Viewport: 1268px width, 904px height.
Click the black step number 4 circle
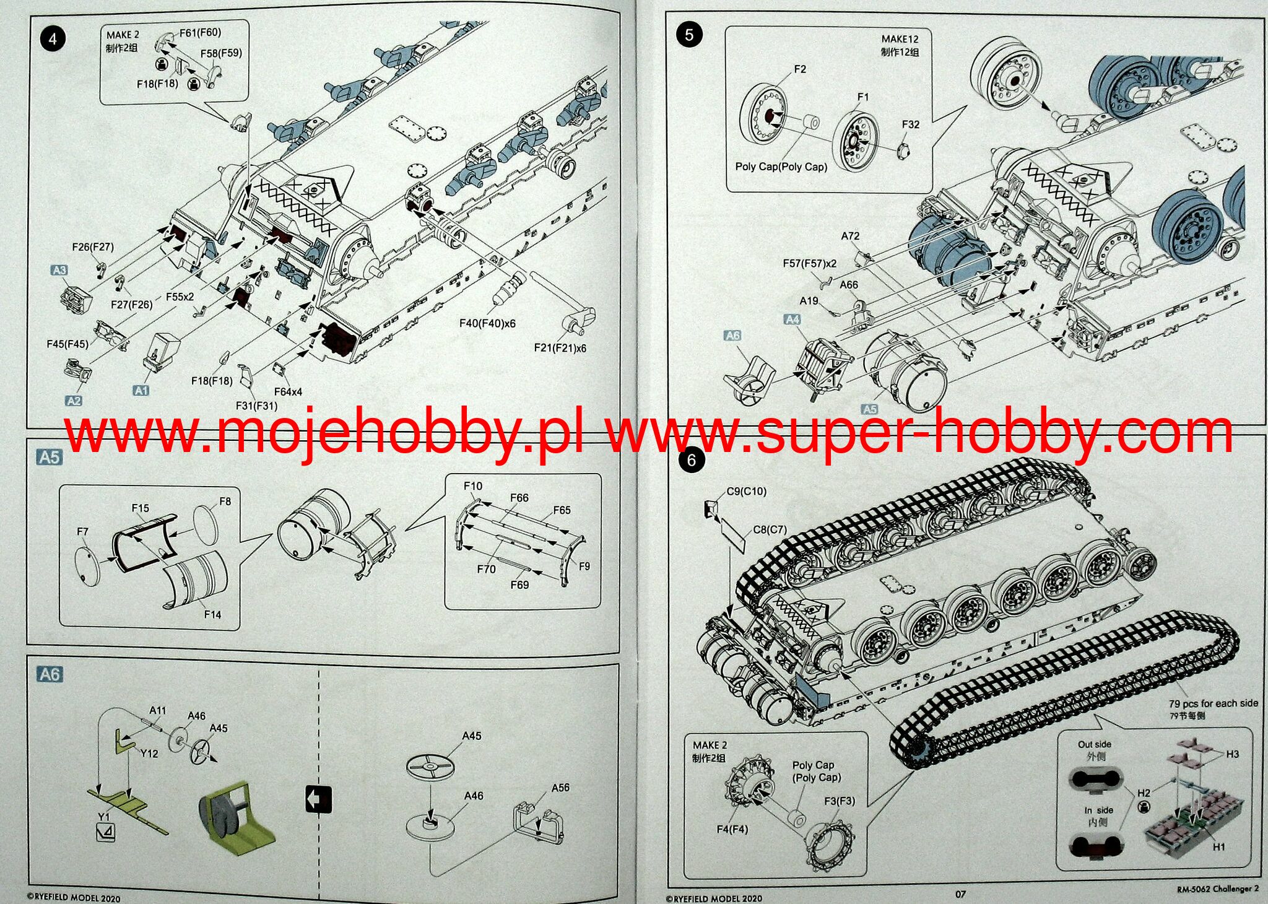(52, 39)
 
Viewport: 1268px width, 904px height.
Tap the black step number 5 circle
(689, 34)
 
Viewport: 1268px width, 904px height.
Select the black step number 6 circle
(692, 460)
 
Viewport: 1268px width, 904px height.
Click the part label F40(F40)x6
(487, 323)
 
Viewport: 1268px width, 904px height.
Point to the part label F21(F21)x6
(560, 348)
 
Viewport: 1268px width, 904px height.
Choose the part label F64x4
(288, 392)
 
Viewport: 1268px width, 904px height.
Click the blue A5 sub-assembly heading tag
(50, 457)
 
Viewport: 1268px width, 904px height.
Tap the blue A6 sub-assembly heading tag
(50, 674)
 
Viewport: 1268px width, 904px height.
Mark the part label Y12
(149, 754)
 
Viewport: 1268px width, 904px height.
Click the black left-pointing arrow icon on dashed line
(319, 800)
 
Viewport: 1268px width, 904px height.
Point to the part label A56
(560, 788)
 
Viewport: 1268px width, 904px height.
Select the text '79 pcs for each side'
(1214, 703)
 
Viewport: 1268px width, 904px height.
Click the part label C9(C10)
(746, 491)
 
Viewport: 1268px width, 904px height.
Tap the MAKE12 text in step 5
(900, 39)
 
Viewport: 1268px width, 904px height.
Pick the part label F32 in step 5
(910, 124)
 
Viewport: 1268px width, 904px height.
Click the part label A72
(850, 236)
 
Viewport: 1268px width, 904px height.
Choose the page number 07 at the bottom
(960, 893)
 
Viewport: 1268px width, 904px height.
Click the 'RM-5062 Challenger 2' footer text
(1218, 889)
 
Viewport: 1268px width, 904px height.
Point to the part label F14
(212, 614)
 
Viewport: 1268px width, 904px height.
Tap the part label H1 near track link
(1218, 846)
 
